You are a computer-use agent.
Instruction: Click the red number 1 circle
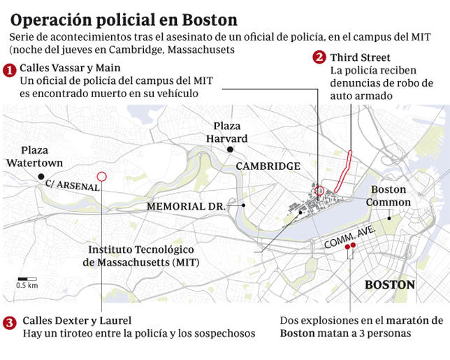pyautogui.click(x=10, y=70)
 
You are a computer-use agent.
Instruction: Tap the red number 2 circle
pyautogui.click(x=319, y=57)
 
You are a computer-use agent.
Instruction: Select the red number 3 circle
pyautogui.click(x=10, y=322)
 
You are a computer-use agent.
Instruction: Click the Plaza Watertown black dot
pyautogui.click(x=41, y=176)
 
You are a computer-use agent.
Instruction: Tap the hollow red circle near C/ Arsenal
pyautogui.click(x=101, y=177)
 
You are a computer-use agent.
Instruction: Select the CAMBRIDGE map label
pyautogui.click(x=268, y=166)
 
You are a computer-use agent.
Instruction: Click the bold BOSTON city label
pyautogui.click(x=390, y=285)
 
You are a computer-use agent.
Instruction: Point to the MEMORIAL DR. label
pyautogui.click(x=186, y=207)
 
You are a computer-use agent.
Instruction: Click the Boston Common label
pyautogui.click(x=388, y=196)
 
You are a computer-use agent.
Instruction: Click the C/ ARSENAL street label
pyautogui.click(x=72, y=185)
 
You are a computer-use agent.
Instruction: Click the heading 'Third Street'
pyautogui.click(x=361, y=57)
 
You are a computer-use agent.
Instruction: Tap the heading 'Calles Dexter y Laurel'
pyautogui.click(x=77, y=320)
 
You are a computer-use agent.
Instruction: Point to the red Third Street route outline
pyautogui.click(x=344, y=170)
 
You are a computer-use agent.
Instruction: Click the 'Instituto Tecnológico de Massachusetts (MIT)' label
pyautogui.click(x=141, y=256)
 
